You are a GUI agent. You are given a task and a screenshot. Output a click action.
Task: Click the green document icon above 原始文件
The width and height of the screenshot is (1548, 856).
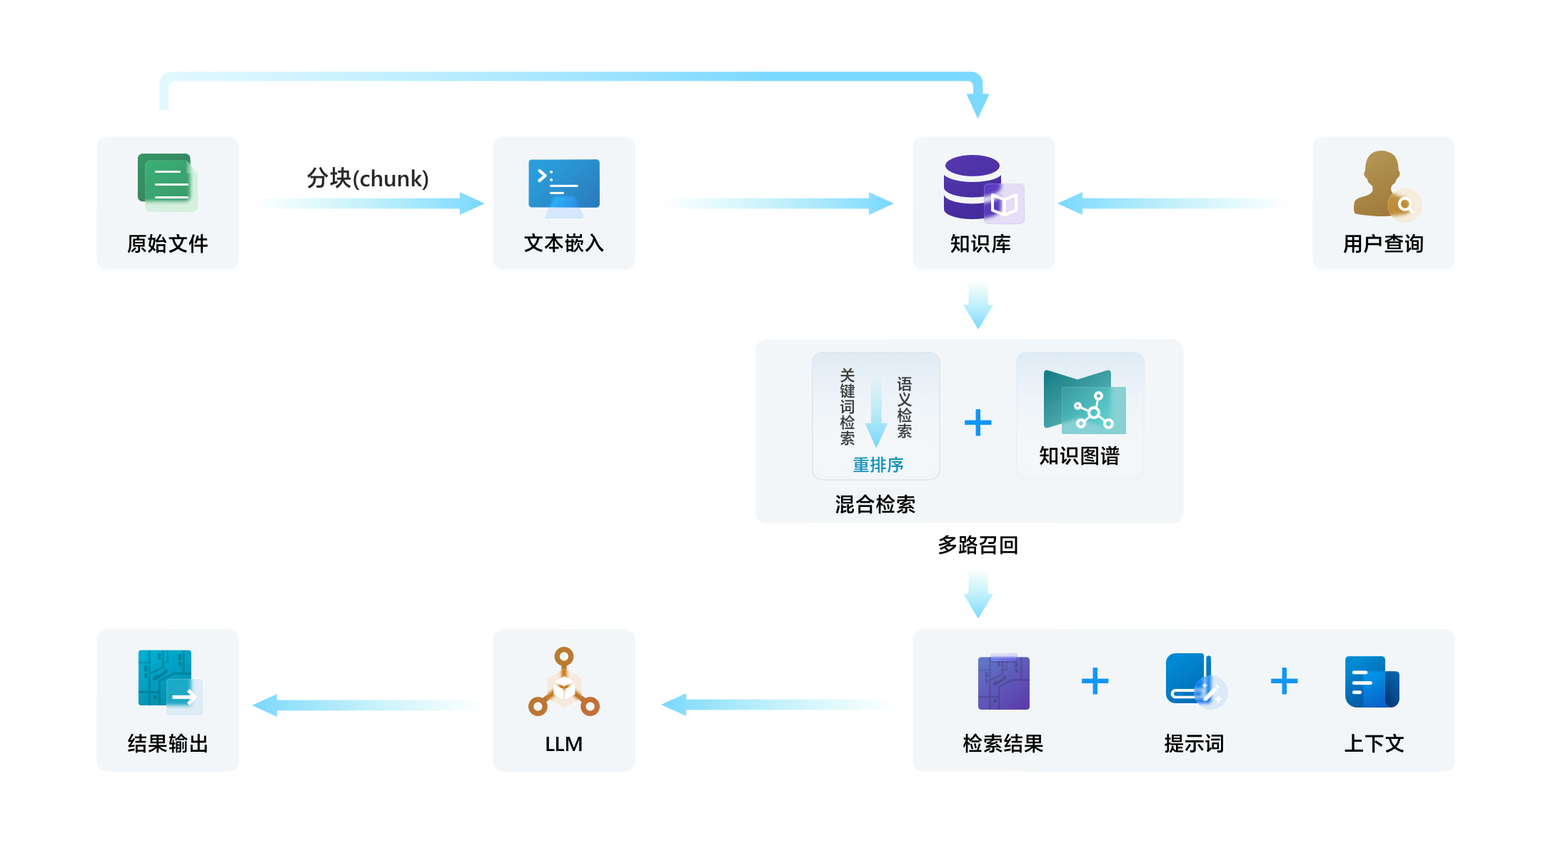point(167,183)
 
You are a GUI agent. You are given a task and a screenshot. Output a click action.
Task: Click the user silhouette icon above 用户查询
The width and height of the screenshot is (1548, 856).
point(1384,185)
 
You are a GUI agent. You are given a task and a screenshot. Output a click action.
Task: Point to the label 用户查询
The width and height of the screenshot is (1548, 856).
point(1383,244)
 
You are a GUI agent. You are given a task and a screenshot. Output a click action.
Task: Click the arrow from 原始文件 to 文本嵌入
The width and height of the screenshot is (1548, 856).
point(368,203)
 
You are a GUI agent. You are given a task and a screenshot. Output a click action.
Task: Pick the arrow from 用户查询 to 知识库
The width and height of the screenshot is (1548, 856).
point(1174,203)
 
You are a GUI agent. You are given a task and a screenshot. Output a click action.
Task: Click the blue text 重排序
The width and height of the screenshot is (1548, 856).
point(878,465)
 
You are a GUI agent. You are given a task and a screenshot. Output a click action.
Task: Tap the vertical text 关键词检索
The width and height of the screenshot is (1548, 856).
point(848,407)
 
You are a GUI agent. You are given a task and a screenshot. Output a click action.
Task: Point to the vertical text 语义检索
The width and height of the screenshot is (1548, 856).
point(905,407)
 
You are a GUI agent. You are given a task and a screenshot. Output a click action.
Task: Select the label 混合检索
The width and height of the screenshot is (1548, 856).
point(875,505)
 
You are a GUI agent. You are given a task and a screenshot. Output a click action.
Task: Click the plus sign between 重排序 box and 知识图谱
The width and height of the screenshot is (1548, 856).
point(977,423)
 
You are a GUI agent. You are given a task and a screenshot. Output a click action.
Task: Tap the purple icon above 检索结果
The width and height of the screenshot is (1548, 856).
point(1003,682)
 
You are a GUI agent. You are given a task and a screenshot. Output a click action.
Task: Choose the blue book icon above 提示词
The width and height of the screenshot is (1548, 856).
point(1195,680)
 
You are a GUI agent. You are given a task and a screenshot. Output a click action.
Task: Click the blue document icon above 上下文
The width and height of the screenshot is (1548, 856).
point(1372,682)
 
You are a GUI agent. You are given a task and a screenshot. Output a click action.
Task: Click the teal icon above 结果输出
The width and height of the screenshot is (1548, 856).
point(170,682)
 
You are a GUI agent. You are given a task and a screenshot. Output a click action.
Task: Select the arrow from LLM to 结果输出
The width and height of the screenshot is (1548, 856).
point(368,705)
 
